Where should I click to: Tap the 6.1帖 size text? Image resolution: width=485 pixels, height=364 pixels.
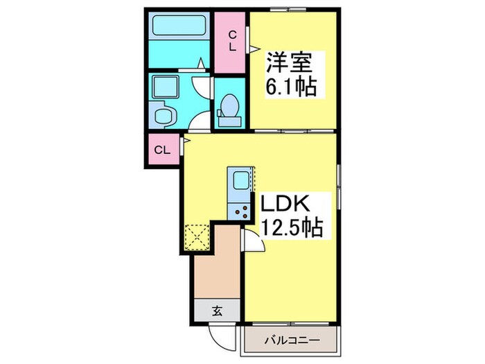click(x=292, y=87)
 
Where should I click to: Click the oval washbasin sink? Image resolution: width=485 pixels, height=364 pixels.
click(x=164, y=116)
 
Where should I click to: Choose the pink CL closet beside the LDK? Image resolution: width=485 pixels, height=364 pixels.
click(x=162, y=149)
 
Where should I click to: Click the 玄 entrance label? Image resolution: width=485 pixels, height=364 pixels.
click(x=216, y=311)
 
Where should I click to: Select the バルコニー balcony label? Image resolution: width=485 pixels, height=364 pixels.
click(x=291, y=340)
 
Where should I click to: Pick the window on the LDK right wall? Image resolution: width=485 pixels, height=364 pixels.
click(x=339, y=184)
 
